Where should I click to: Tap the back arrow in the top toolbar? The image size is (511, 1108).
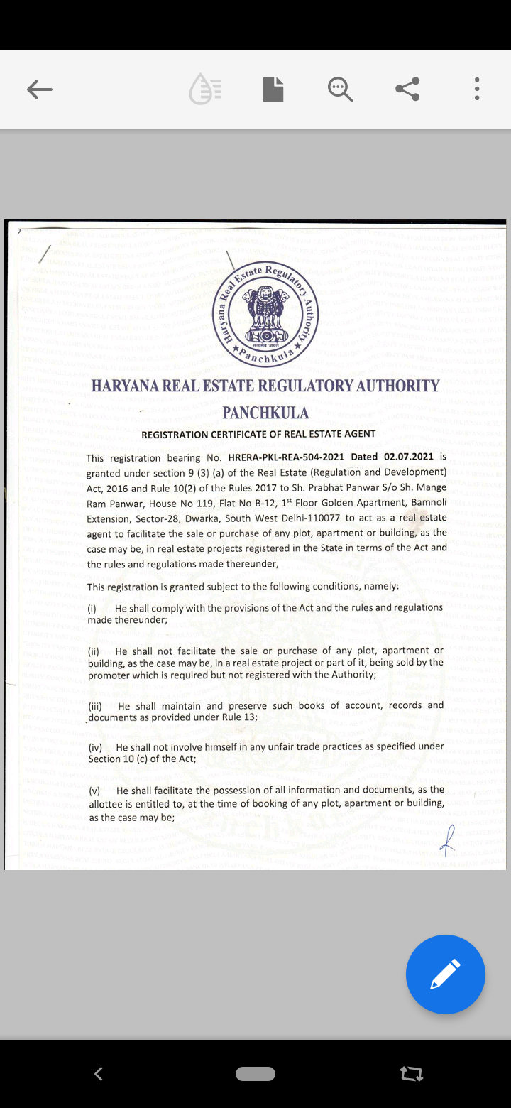pos(40,89)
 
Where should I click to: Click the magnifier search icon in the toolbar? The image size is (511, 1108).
pos(341,89)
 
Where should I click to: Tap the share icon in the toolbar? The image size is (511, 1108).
pos(407,89)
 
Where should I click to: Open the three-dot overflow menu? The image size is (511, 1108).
pos(477,89)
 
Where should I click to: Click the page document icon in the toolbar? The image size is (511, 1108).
pos(273,89)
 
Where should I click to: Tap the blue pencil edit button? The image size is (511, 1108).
pos(445,974)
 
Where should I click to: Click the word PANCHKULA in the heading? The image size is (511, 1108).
pos(265,413)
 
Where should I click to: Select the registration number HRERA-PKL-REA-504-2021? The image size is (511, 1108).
pos(286,457)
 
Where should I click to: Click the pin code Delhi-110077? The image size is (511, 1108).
pos(308,518)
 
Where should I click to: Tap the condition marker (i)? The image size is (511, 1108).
pos(92,609)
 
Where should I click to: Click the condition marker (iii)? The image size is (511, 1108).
pos(96,706)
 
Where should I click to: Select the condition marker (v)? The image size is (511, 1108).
pos(95,791)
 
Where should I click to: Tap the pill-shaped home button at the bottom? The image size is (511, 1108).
pos(255,1074)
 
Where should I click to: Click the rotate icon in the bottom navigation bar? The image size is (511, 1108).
pos(412,1074)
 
